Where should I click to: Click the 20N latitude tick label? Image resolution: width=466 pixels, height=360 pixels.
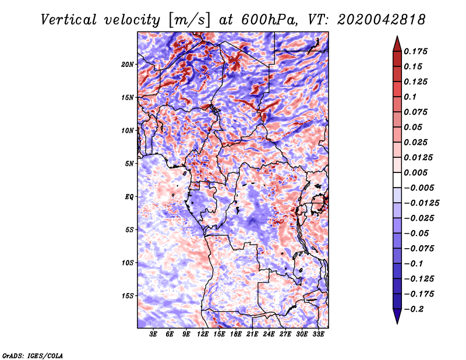[x=128, y=64]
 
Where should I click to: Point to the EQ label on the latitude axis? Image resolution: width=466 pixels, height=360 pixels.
[x=129, y=197]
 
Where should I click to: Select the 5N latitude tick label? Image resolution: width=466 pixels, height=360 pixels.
[x=129, y=164]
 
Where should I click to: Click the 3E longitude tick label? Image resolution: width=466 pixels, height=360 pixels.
[x=153, y=334]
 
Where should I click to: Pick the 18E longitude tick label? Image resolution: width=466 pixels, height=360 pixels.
[x=236, y=334]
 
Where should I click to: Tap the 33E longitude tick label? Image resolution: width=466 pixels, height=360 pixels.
[x=318, y=334]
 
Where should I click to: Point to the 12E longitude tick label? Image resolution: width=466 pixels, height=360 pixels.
[x=203, y=334]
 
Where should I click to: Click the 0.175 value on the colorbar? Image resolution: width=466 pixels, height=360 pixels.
[x=415, y=51]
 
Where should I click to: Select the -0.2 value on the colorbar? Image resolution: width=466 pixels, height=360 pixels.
[x=414, y=309]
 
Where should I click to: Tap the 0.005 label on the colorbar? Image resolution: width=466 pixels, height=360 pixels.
[x=415, y=172]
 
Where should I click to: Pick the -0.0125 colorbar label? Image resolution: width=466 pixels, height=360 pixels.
[x=421, y=203]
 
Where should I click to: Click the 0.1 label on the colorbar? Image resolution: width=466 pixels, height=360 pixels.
[x=410, y=97]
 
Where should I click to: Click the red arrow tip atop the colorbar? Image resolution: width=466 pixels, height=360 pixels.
[x=397, y=36]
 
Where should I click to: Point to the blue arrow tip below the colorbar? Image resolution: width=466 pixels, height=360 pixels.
[x=397, y=323]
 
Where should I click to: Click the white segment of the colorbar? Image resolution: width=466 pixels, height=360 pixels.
[x=397, y=180]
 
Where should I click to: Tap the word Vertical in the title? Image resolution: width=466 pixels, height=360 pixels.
[x=69, y=20]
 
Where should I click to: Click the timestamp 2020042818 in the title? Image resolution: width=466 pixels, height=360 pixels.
[x=382, y=20]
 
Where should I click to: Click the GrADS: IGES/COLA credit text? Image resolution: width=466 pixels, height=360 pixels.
[x=33, y=355]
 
